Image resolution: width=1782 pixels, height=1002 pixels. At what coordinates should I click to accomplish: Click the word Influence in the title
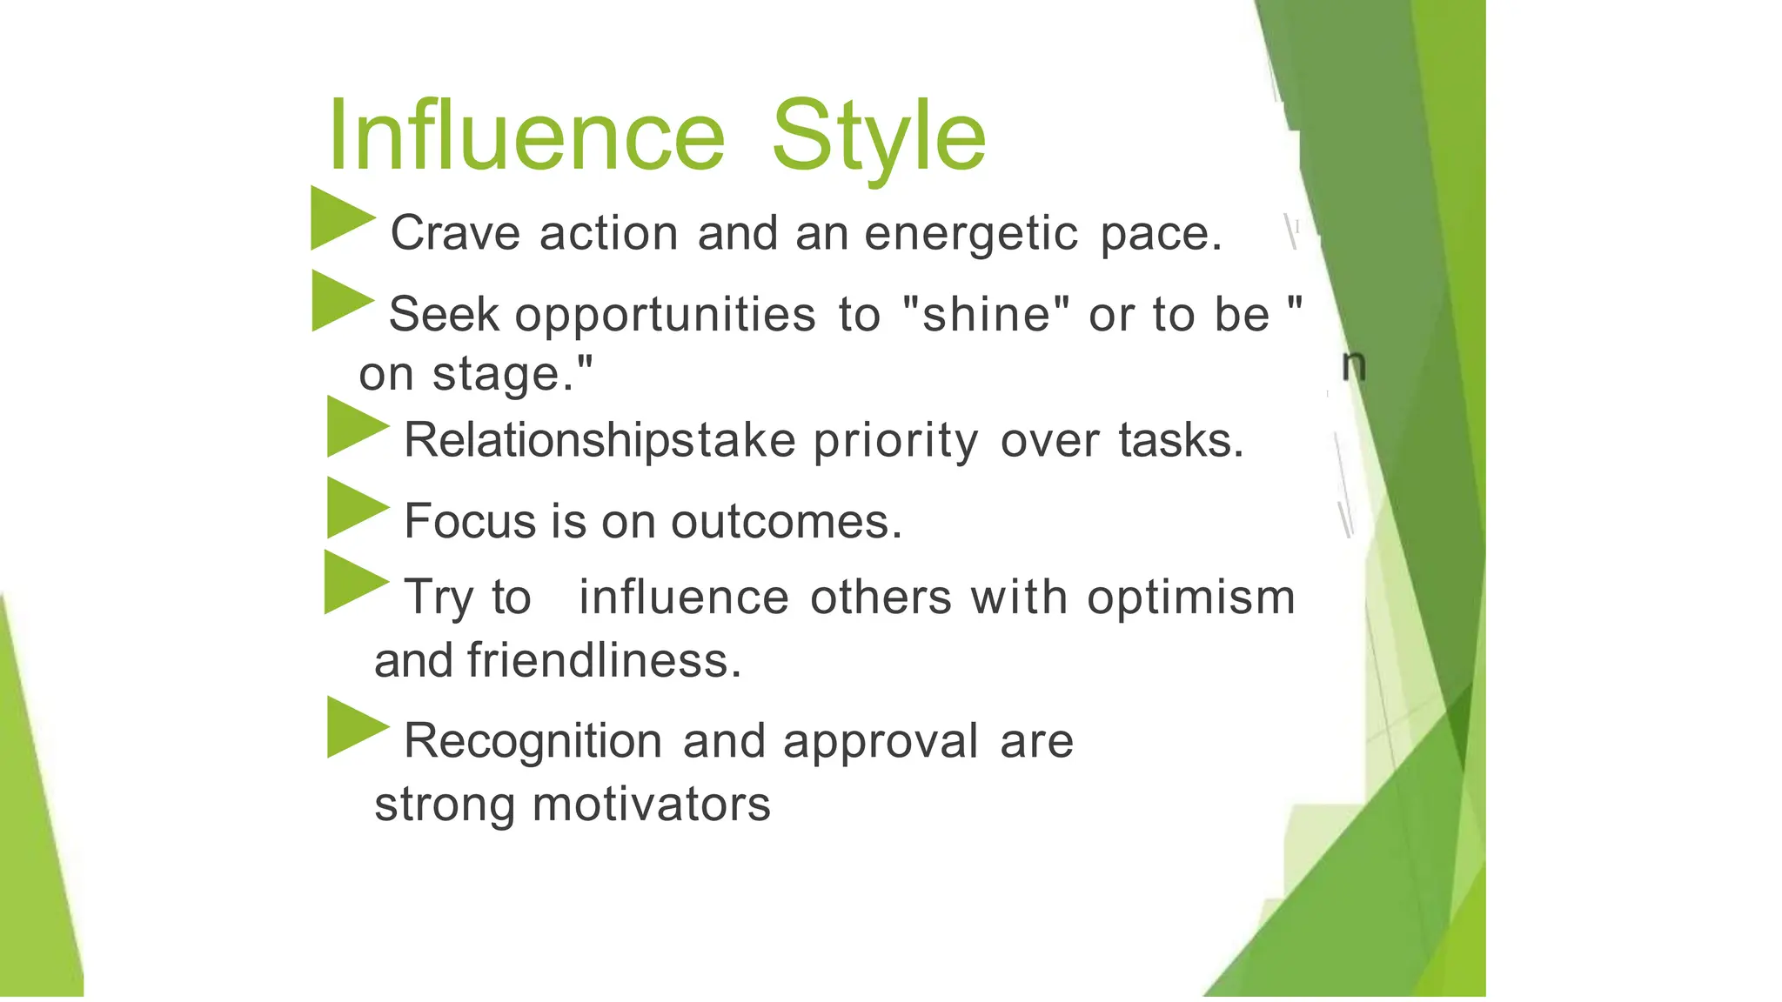pos(526,136)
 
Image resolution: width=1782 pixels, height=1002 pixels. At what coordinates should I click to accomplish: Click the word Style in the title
pos(879,137)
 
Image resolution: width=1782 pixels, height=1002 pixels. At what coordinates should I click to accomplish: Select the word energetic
pos(971,234)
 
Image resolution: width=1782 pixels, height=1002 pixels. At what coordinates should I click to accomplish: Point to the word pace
pos(1161,234)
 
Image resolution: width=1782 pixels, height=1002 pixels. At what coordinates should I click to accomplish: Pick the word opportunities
pos(665,315)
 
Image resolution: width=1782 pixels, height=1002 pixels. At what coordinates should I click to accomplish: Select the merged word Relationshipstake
pos(600,440)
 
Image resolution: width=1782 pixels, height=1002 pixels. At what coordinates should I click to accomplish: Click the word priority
pos(895,441)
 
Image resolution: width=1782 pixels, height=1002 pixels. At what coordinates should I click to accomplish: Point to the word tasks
pos(1180,440)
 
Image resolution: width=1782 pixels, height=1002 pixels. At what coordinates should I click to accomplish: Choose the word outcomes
pos(786,522)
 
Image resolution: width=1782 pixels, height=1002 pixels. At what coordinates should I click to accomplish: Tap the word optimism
pos(1190,598)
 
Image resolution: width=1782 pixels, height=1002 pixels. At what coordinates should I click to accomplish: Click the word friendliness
pos(604,661)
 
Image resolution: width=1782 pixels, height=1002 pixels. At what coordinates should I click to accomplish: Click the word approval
pos(880,742)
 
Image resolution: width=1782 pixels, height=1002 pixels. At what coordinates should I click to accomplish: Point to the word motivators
pos(651,805)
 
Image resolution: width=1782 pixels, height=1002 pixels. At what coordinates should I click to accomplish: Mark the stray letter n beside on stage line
pos(1353,366)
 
